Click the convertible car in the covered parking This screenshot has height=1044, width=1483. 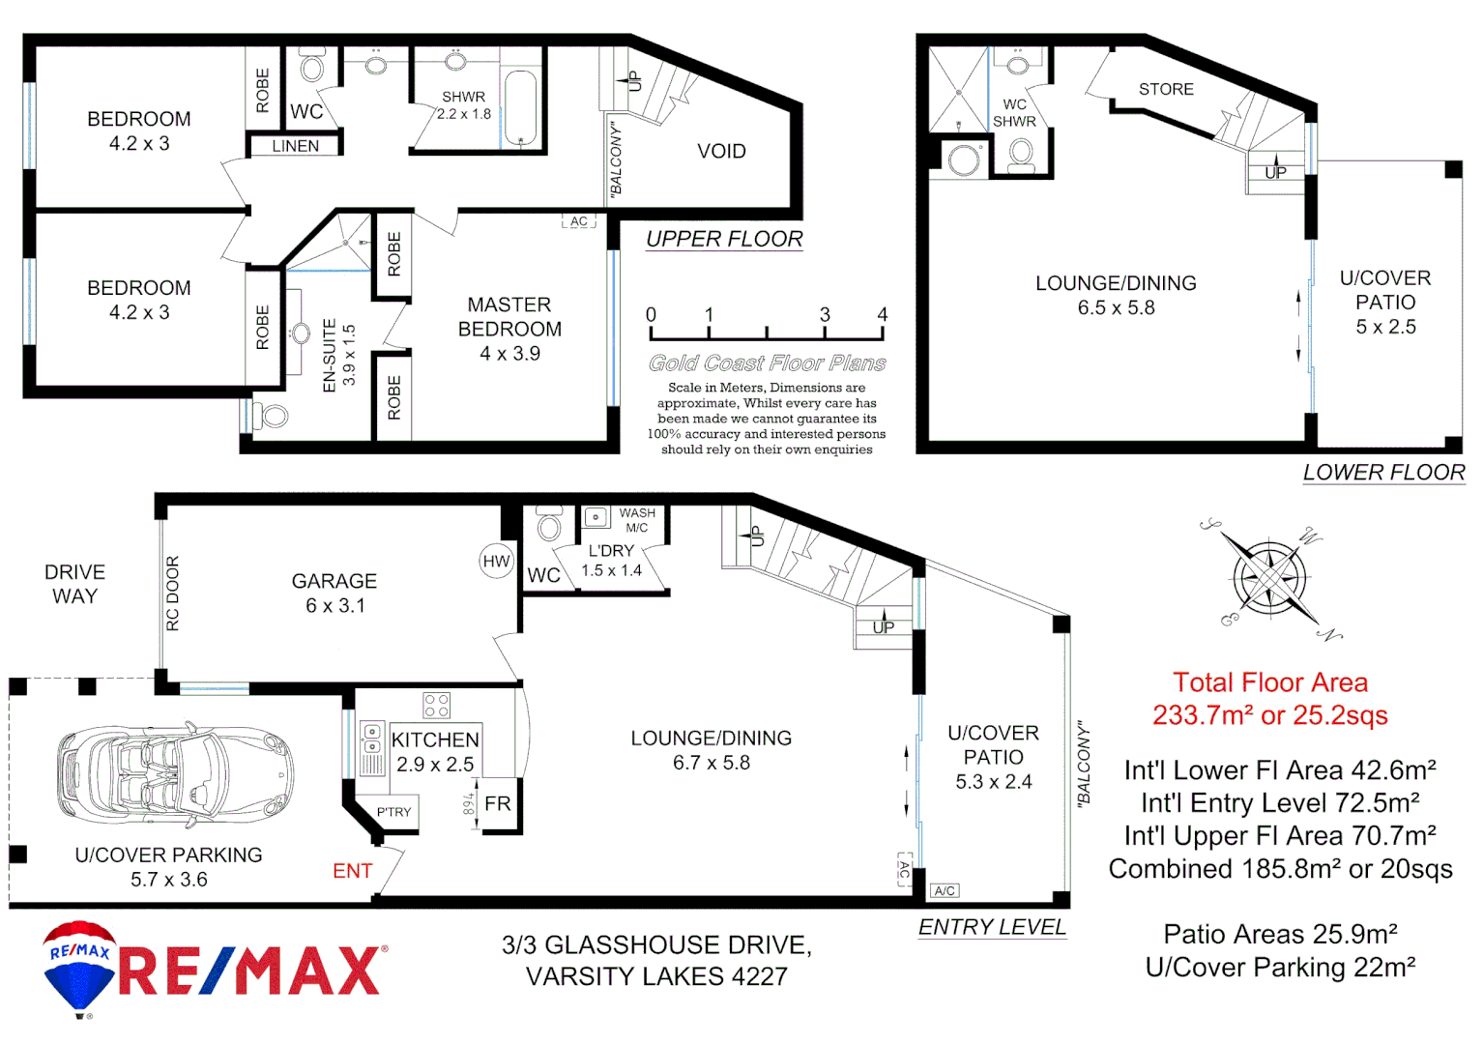tap(174, 773)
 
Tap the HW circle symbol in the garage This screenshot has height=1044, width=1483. tap(496, 562)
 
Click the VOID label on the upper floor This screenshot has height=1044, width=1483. tap(721, 152)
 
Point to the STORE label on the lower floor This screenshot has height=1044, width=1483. tap(1166, 90)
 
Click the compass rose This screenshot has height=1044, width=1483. tap(1269, 579)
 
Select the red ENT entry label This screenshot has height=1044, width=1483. tap(352, 872)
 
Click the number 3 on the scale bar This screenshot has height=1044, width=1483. tap(825, 315)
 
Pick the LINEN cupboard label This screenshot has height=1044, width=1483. tap(295, 146)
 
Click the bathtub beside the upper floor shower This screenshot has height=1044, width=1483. tap(520, 107)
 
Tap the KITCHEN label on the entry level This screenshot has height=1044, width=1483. tap(435, 740)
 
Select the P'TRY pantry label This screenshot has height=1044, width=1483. tap(393, 812)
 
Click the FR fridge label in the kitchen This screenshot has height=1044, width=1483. tap(498, 804)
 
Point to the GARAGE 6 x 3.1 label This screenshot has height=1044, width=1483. tap(334, 593)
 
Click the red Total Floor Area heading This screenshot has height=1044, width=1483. tap(1269, 683)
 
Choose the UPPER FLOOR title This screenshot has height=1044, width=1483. tap(724, 239)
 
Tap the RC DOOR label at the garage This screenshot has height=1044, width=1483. tap(173, 594)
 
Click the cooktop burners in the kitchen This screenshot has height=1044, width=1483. tap(436, 705)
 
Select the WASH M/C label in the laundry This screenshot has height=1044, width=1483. tap(637, 520)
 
